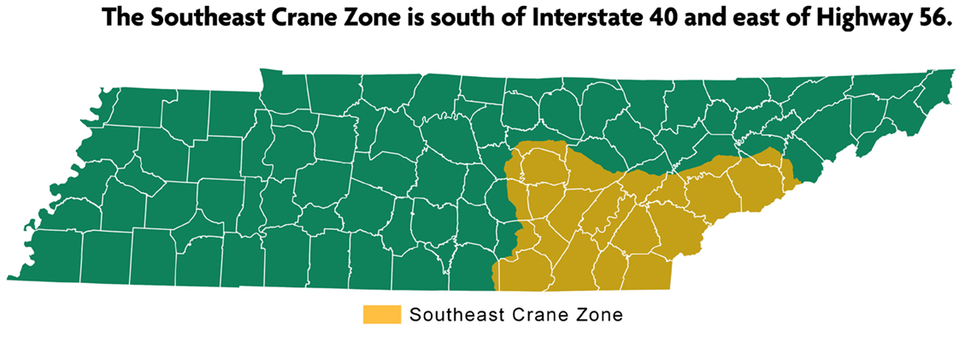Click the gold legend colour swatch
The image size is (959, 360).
(381, 314)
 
